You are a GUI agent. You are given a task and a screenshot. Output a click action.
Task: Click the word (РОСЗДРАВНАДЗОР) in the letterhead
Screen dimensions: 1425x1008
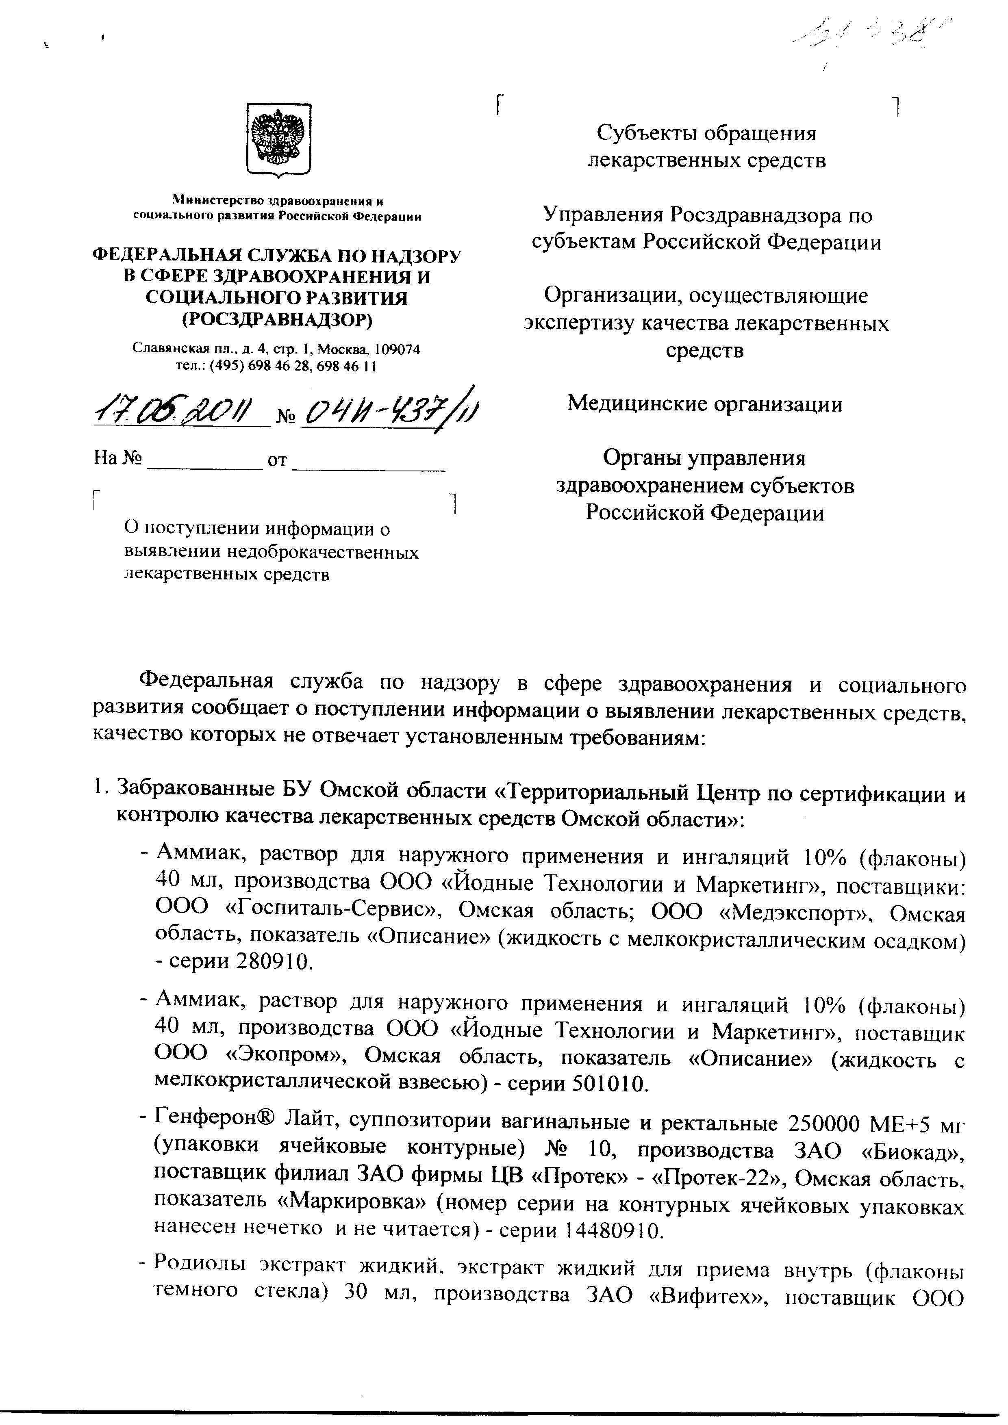click(277, 320)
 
